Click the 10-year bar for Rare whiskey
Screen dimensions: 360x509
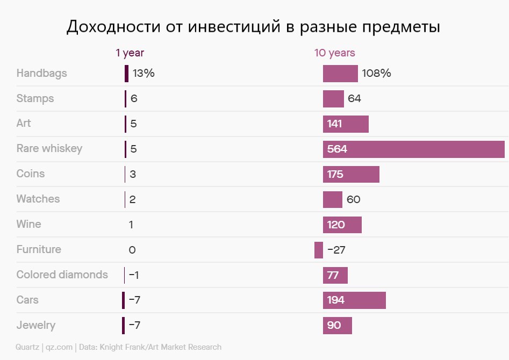click(414, 149)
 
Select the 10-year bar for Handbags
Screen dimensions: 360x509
click(340, 74)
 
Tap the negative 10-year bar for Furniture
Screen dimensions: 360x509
click(319, 250)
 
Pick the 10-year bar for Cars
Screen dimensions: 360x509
click(354, 300)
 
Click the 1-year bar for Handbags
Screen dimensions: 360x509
click(126, 74)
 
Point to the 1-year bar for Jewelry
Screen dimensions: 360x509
click(123, 326)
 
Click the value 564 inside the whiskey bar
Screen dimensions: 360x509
click(337, 149)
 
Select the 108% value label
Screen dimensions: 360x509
click(376, 74)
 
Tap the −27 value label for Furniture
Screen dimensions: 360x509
click(336, 250)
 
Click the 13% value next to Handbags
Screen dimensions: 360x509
click(144, 74)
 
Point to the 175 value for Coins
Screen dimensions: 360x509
click(335, 175)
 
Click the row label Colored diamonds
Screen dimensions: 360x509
click(62, 275)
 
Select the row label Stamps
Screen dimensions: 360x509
click(35, 99)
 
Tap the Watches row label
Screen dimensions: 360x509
click(38, 199)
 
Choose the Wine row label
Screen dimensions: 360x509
click(28, 224)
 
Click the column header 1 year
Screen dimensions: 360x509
click(130, 53)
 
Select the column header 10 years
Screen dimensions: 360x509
click(334, 53)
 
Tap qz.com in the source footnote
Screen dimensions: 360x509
click(59, 347)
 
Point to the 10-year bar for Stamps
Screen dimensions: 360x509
click(333, 99)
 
